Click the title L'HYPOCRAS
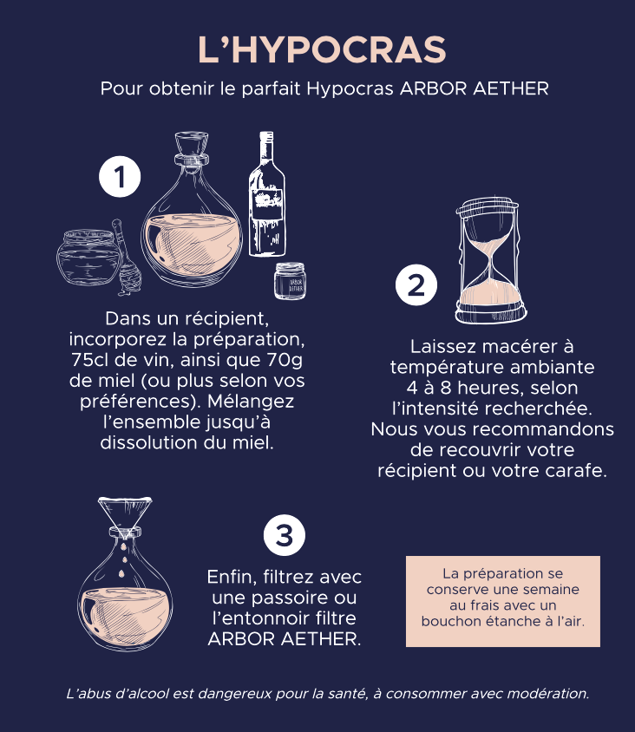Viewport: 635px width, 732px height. (322, 49)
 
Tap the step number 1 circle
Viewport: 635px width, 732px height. (120, 176)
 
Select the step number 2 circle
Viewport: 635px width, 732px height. (416, 284)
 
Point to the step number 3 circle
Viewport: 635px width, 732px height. (285, 535)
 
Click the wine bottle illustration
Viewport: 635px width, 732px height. (267, 193)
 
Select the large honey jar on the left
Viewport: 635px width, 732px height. (88, 257)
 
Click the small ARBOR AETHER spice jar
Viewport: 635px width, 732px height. (290, 280)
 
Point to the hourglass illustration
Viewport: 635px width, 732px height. (490, 260)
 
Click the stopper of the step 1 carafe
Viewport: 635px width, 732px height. (192, 149)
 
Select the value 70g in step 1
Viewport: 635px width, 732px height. (285, 361)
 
